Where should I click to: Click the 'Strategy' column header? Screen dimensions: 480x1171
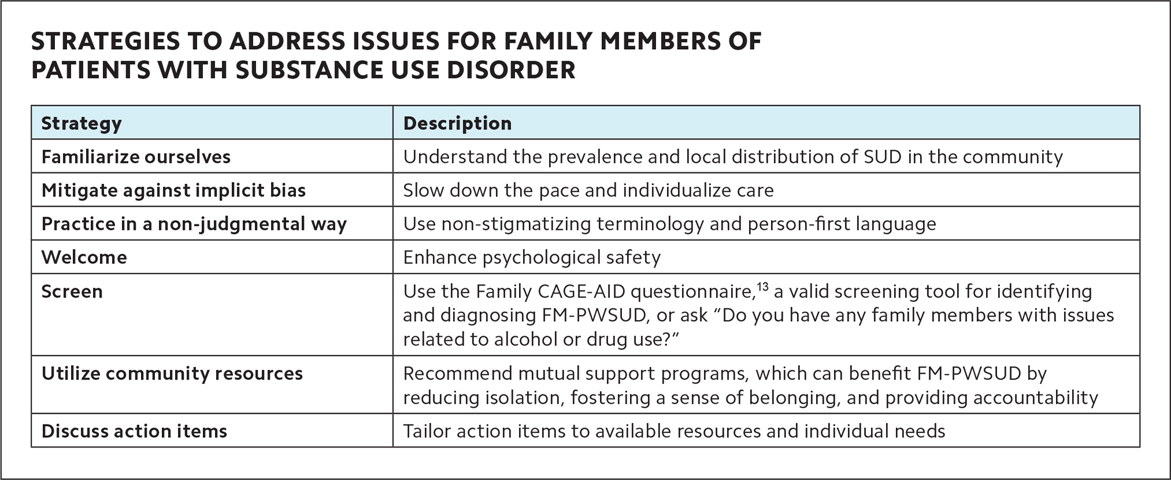coord(81,123)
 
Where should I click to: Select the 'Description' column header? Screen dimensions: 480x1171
coord(457,123)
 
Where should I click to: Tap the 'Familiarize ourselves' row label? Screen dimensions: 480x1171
coord(136,157)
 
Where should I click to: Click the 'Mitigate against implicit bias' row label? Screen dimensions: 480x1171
coord(173,190)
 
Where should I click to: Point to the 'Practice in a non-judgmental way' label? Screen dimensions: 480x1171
coord(194,224)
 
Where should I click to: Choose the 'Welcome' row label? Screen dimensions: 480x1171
coord(84,257)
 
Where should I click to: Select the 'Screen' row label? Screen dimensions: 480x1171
coord(72,291)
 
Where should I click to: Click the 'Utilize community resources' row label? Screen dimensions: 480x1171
coord(172,373)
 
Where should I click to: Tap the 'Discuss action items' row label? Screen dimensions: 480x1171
coord(134,431)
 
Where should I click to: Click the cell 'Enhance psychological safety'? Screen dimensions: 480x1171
coord(531,257)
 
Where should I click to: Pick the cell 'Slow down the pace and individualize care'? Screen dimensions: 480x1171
coord(588,190)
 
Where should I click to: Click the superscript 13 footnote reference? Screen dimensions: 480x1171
coord(762,286)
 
